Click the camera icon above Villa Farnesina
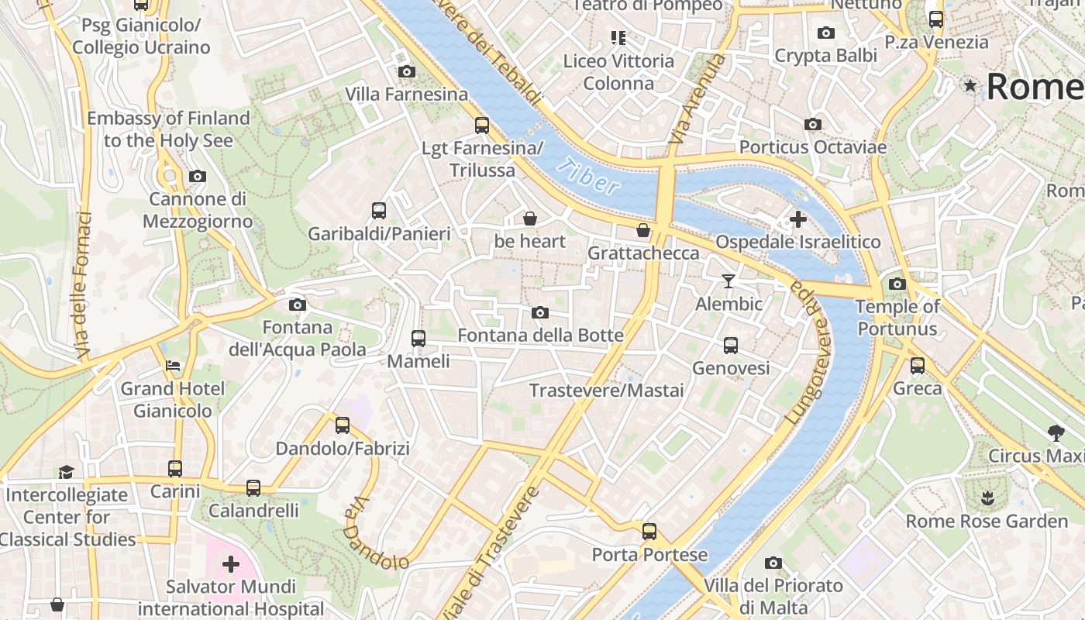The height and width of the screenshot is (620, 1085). click(406, 72)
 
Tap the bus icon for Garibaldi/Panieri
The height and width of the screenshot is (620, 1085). click(379, 210)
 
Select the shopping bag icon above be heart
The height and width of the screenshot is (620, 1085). click(530, 219)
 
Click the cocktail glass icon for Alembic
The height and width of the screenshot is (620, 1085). click(728, 281)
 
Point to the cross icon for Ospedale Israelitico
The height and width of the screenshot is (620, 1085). click(797, 219)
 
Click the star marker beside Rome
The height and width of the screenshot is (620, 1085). click(970, 85)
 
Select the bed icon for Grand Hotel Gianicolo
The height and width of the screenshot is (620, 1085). click(173, 365)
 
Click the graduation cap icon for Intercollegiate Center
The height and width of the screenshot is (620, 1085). click(66, 472)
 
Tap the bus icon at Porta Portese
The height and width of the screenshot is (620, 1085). click(649, 532)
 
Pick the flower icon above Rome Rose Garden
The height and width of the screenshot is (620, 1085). click(987, 498)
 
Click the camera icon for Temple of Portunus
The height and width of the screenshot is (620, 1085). click(897, 284)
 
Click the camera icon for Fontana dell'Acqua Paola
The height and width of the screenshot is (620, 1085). click(297, 305)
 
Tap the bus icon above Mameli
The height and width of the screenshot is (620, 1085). click(418, 338)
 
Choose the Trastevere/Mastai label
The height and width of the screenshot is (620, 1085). click(606, 390)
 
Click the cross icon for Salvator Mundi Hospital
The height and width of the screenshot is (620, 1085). click(230, 563)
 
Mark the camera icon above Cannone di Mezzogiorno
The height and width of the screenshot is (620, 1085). click(198, 176)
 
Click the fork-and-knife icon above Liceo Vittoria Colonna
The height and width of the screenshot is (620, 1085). click(618, 37)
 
